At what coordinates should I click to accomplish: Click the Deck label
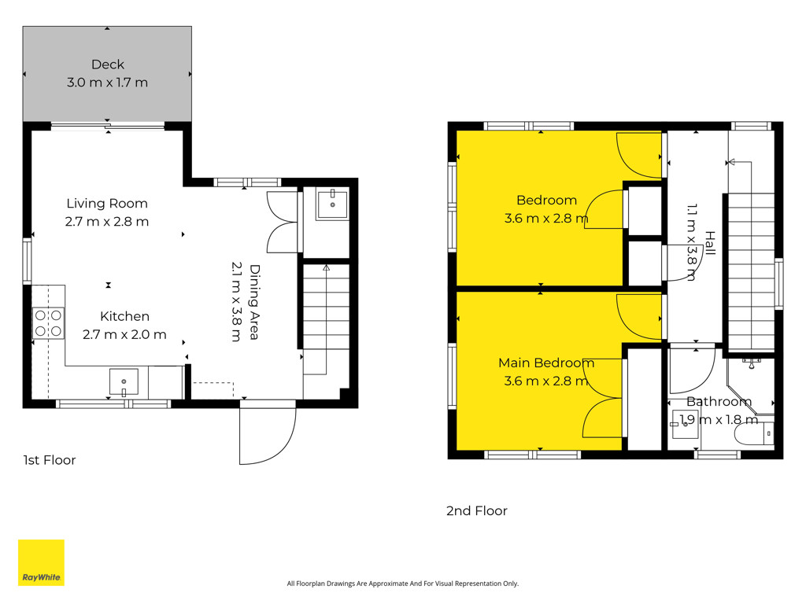pyautogui.click(x=107, y=64)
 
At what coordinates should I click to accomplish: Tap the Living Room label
pyautogui.click(x=107, y=204)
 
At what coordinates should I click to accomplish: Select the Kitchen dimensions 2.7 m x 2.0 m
pyautogui.click(x=124, y=334)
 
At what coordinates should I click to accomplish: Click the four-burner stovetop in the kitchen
pyautogui.click(x=48, y=323)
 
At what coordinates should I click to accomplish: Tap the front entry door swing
pyautogui.click(x=268, y=436)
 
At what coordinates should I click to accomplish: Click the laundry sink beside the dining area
pyautogui.click(x=332, y=204)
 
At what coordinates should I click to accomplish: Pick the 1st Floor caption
pyautogui.click(x=50, y=460)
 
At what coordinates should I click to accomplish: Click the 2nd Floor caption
pyautogui.click(x=476, y=510)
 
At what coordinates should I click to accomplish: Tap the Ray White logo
pyautogui.click(x=41, y=562)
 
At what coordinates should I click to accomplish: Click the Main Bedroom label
pyautogui.click(x=546, y=363)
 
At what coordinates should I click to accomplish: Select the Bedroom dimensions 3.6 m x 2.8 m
pyautogui.click(x=546, y=219)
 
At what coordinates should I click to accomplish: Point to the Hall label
pyautogui.click(x=710, y=243)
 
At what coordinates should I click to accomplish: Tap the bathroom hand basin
pyautogui.click(x=686, y=424)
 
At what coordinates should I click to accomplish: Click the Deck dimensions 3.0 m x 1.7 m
pyautogui.click(x=107, y=82)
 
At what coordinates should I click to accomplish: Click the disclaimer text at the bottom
pyautogui.click(x=402, y=584)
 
